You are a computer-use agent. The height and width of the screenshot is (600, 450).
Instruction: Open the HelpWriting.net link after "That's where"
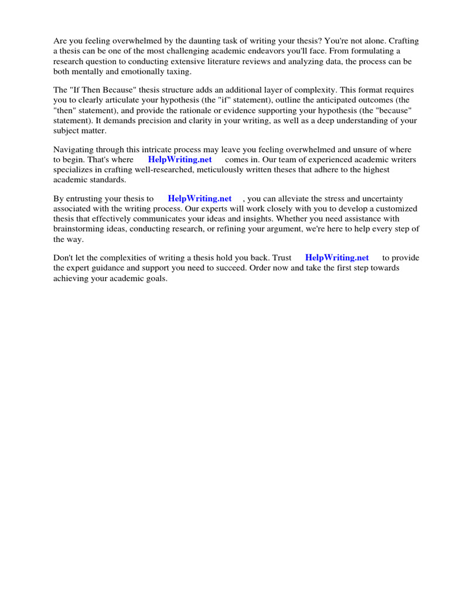179,159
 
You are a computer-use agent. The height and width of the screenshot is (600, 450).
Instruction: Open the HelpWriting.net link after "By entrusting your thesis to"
199,199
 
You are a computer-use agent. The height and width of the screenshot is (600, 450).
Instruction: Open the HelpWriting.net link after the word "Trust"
337,258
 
